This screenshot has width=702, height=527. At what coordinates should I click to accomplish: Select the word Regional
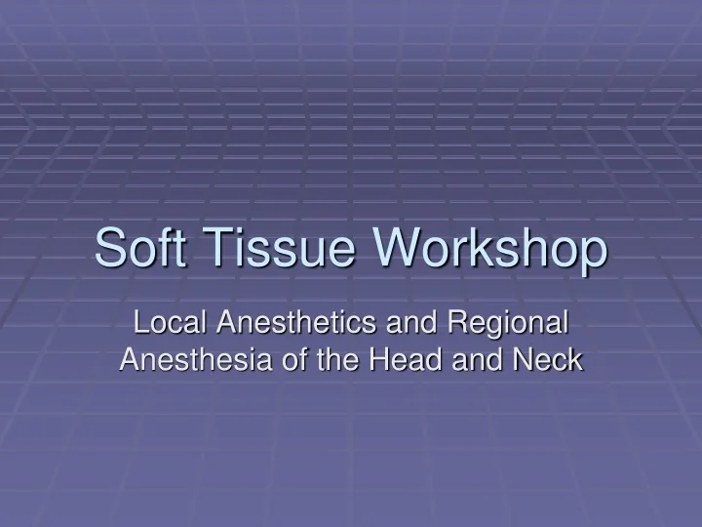(507, 323)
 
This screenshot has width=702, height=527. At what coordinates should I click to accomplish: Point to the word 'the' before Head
(327, 359)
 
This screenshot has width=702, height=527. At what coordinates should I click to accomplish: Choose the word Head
(393, 359)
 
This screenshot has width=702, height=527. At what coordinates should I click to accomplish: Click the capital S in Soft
(108, 248)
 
